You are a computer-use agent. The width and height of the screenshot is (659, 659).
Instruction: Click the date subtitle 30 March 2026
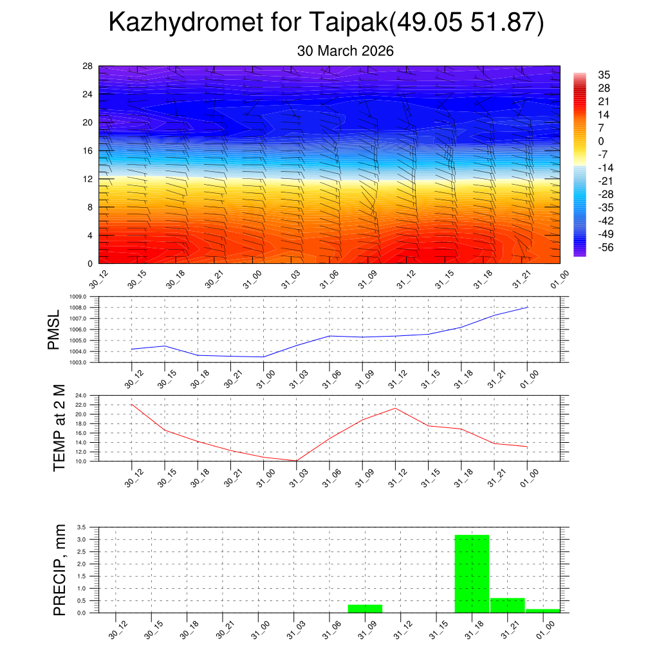click(345, 51)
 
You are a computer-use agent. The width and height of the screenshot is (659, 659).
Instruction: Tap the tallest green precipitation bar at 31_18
click(472, 573)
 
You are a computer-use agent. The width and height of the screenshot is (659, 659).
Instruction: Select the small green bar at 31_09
click(365, 608)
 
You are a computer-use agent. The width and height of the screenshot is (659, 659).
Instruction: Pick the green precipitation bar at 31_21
click(507, 605)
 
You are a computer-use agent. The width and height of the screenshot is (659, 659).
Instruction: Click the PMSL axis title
click(53, 329)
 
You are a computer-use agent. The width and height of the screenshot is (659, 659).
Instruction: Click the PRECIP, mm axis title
click(59, 569)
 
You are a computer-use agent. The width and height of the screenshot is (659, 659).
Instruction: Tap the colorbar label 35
click(604, 74)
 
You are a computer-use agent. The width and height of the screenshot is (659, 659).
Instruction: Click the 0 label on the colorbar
click(601, 141)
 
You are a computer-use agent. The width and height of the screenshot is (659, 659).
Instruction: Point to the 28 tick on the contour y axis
click(88, 66)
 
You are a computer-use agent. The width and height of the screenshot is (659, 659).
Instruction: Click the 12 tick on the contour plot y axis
click(88, 179)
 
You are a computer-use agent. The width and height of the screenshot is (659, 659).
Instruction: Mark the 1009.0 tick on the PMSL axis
click(87, 297)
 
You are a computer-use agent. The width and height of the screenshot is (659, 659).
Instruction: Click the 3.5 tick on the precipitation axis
click(82, 527)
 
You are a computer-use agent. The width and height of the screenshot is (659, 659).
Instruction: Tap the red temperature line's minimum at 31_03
click(296, 461)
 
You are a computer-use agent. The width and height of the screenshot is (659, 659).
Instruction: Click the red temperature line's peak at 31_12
click(395, 408)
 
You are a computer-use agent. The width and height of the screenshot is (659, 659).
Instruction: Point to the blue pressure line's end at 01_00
click(528, 307)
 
